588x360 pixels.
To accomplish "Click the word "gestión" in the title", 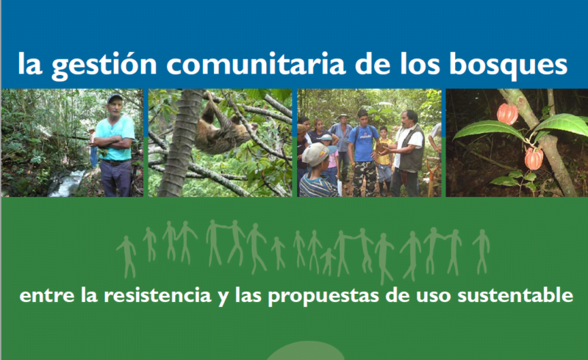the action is click(x=104, y=65).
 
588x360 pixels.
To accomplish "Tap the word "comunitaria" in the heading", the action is click(x=256, y=64).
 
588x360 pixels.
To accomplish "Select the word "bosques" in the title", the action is click(x=508, y=65).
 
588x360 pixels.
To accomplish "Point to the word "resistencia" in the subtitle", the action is click(x=157, y=295).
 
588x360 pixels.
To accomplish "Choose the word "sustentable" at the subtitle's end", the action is click(x=515, y=295).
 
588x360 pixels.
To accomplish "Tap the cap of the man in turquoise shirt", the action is click(x=115, y=98).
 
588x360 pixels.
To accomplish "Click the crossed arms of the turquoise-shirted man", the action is click(x=113, y=142).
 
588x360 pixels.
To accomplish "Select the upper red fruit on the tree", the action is click(x=507, y=114).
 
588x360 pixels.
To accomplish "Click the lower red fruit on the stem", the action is click(x=534, y=158).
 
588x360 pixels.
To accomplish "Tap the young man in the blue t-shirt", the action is click(x=362, y=153).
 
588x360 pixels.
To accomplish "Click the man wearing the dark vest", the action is click(x=407, y=153).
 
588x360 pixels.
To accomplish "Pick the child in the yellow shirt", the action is click(x=384, y=160).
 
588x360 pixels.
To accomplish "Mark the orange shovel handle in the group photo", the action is click(x=431, y=176).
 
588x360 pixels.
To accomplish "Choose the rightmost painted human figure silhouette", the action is click(x=481, y=251).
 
